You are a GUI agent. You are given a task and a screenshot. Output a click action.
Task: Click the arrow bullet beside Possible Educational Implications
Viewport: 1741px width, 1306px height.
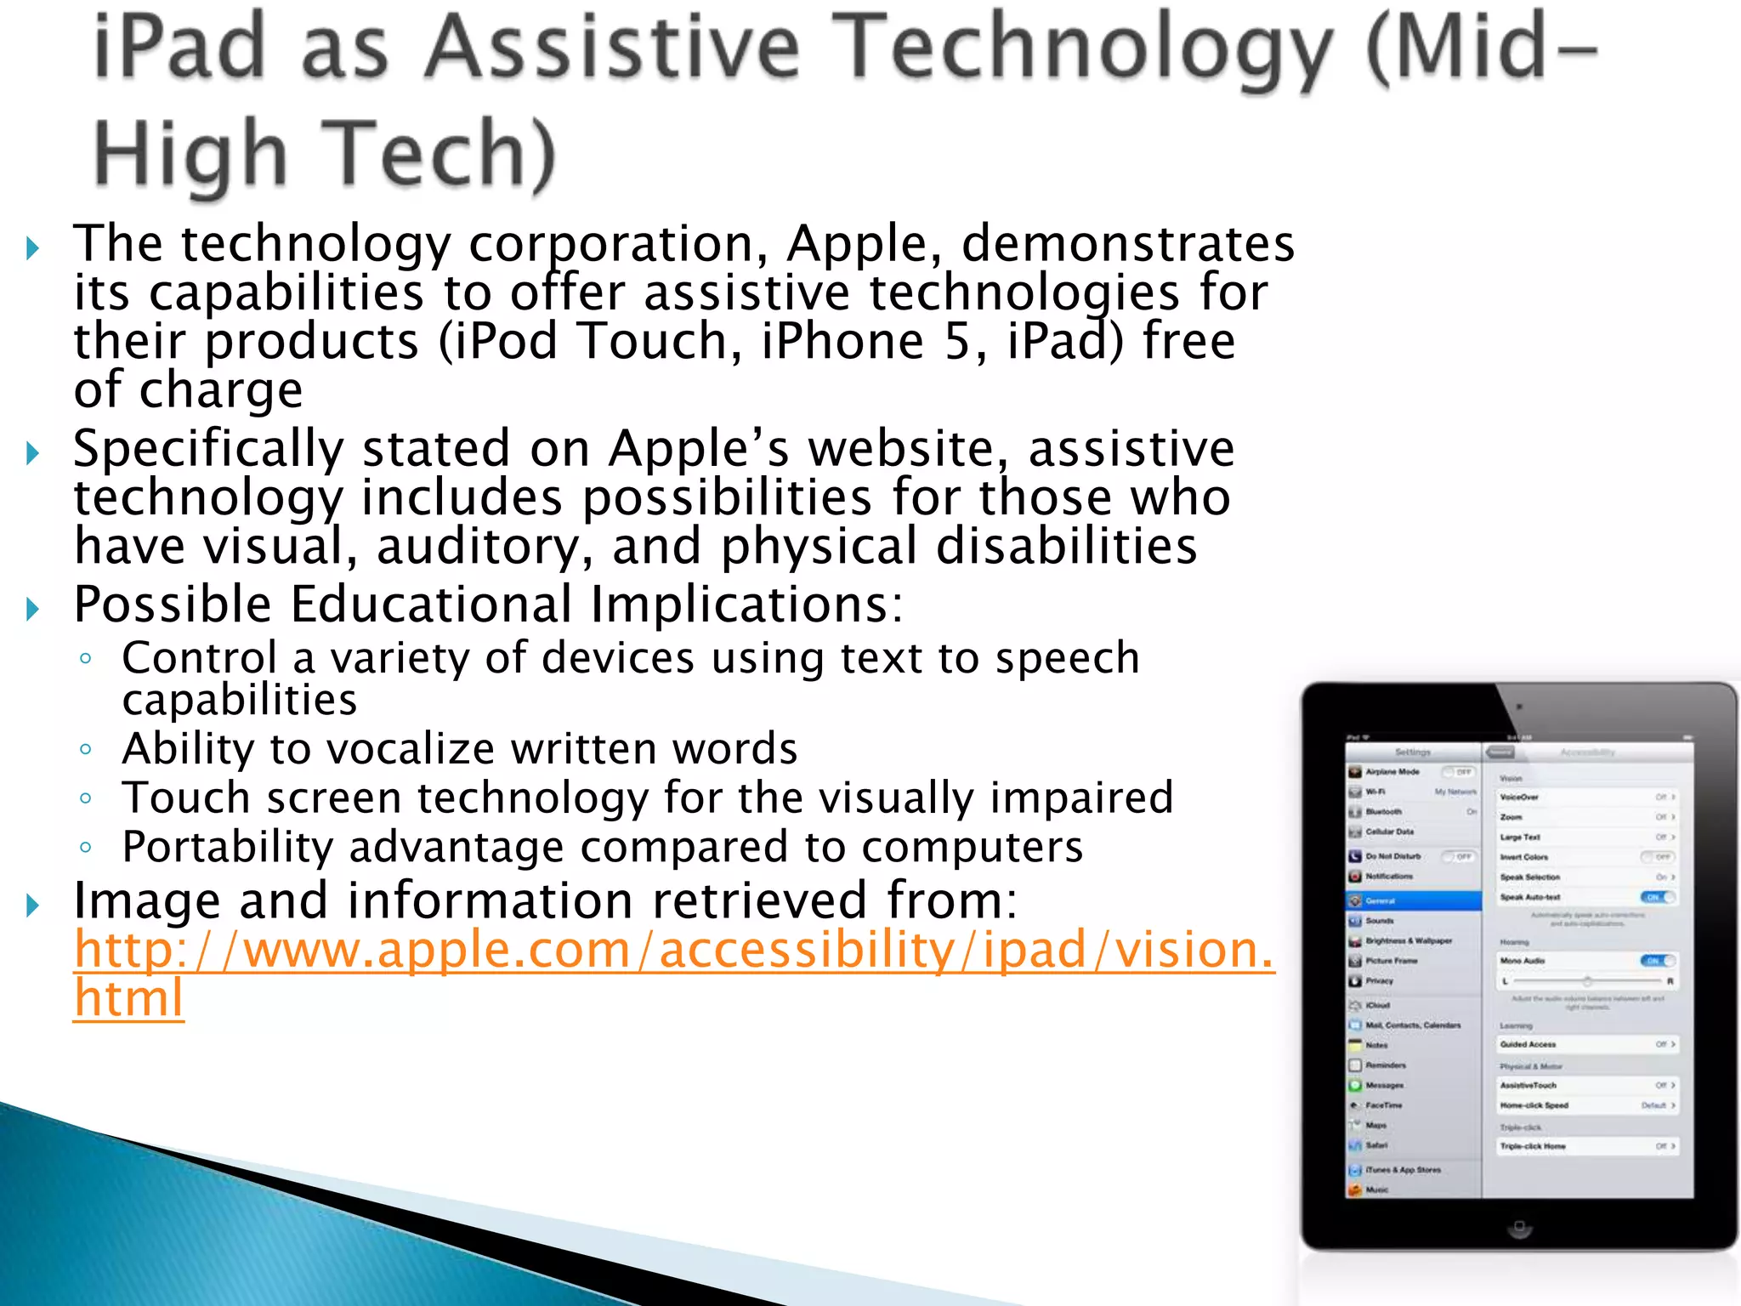[33, 609]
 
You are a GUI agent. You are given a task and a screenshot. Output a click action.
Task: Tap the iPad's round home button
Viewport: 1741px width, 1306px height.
[1519, 1227]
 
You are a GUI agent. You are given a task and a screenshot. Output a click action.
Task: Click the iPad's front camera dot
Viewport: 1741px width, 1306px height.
[1519, 707]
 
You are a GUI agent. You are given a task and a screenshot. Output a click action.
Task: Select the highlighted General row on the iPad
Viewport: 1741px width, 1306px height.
[1414, 900]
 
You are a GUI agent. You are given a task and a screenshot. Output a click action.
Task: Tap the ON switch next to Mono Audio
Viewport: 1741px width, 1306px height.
[1657, 961]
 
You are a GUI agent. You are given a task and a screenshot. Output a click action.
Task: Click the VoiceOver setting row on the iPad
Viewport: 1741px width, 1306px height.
[1586, 797]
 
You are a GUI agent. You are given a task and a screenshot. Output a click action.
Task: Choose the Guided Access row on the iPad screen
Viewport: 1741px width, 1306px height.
[1586, 1044]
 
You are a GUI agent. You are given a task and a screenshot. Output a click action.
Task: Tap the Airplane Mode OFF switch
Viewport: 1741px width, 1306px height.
[1460, 772]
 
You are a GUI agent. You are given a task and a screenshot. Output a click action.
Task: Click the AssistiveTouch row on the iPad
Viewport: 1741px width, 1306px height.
[1586, 1085]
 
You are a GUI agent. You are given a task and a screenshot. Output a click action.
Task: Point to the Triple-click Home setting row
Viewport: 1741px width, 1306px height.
[1586, 1146]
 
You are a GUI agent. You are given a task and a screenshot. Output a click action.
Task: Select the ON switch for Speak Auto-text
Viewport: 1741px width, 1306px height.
[1657, 897]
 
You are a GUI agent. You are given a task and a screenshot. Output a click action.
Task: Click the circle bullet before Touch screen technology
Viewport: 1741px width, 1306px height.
[85, 798]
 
